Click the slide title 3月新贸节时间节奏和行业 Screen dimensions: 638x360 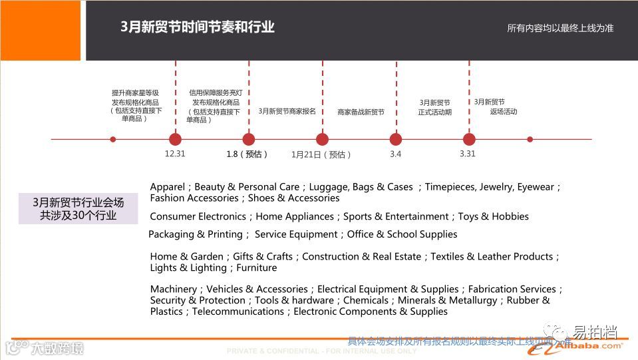197,27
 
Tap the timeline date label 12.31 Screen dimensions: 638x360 175,154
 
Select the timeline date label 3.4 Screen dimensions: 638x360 395,154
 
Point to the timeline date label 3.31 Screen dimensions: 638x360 468,154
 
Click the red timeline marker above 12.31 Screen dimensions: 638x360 175,139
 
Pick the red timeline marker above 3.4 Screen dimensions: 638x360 396,139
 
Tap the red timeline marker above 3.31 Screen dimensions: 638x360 469,139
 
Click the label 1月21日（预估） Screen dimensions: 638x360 321,154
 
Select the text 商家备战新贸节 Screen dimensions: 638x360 361,112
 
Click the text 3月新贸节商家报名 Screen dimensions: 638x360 287,111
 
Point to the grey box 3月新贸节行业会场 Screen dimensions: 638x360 78,208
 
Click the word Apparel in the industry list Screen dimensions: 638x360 168,187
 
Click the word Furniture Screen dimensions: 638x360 256,268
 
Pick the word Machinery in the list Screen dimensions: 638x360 173,289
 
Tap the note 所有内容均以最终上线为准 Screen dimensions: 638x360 559,28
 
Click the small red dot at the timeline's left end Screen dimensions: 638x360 113,139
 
